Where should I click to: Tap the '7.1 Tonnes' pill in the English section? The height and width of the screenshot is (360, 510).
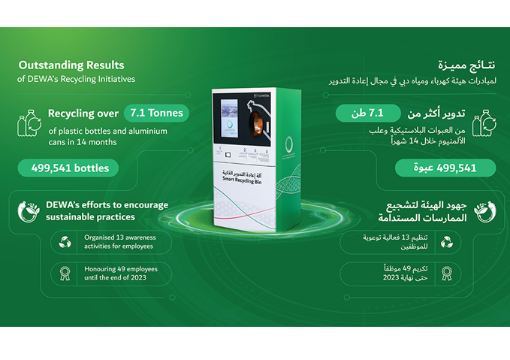point(155,113)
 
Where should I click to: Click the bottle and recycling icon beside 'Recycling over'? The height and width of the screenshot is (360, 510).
point(31,124)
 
